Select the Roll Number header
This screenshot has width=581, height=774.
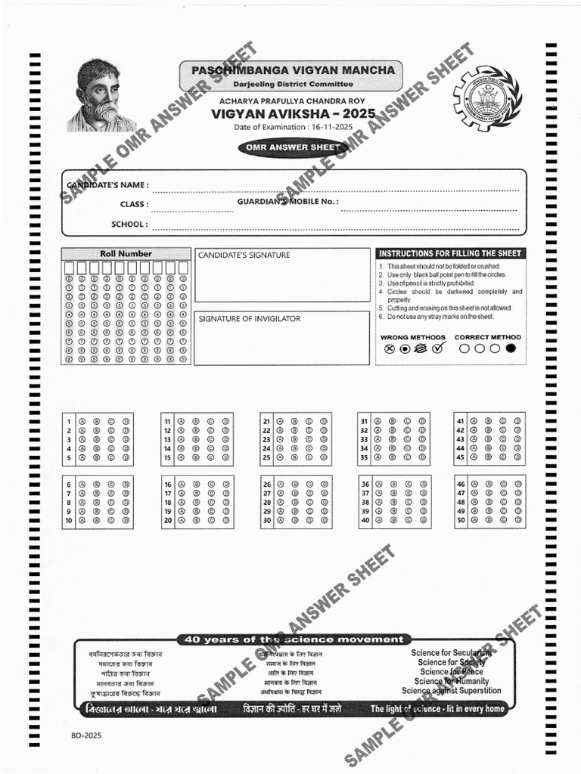126,254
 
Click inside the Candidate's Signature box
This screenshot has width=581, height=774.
281,276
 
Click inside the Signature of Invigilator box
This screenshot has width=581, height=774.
281,339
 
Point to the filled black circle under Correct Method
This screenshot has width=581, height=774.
511,348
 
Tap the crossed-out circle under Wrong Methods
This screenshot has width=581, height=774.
390,348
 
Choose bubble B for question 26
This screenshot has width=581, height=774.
294,484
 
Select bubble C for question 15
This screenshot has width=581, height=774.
211,457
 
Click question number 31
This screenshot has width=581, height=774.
364,421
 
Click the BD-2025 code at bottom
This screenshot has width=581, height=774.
86,734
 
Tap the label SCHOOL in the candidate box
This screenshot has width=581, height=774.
129,224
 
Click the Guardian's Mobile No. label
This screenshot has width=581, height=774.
287,202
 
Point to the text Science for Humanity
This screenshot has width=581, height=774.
452,681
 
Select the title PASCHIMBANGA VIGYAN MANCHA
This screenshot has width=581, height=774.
292,70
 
